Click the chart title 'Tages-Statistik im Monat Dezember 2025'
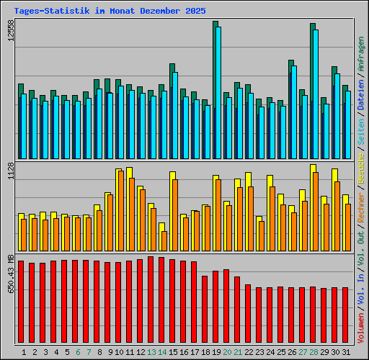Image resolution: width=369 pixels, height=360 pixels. click(x=110, y=11)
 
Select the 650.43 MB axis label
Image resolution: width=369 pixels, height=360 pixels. click(x=10, y=274)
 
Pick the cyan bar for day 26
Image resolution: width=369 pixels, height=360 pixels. click(x=294, y=112)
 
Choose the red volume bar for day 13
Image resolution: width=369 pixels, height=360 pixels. click(x=151, y=300)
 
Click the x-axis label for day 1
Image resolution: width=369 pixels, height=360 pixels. click(x=25, y=352)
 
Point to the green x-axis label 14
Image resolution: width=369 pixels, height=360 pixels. click(x=162, y=352)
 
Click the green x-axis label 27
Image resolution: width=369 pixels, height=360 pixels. click(x=303, y=352)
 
